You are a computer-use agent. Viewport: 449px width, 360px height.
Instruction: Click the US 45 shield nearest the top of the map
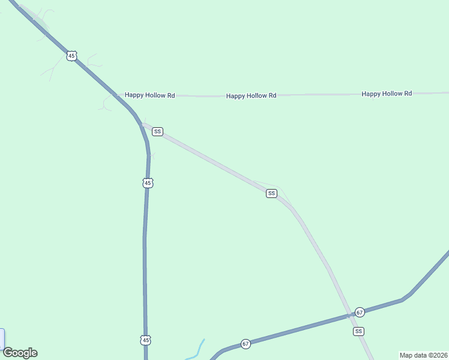pos(72,56)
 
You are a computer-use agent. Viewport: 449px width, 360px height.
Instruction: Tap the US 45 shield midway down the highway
pos(148,182)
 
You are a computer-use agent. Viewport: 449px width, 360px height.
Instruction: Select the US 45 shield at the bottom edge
pos(146,340)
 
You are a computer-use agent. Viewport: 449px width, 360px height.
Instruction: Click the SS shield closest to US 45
pos(157,131)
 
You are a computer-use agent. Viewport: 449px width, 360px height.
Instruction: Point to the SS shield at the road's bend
pos(271,193)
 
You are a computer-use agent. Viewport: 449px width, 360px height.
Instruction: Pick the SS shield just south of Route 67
pos(358,331)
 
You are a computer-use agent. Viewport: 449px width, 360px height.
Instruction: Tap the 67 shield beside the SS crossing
pos(360,312)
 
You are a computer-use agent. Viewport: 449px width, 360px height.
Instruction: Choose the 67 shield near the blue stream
pos(246,344)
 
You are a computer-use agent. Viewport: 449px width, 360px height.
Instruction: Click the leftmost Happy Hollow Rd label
pos(149,95)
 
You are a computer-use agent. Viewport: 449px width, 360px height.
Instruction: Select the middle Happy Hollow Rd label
pos(251,95)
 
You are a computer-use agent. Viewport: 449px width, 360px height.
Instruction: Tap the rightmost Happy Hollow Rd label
pos(387,94)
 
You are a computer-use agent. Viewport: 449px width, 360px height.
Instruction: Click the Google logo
pos(20,353)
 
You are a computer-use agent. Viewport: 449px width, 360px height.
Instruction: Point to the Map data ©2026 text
pos(423,355)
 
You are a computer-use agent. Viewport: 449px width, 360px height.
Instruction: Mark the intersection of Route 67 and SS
pos(348,315)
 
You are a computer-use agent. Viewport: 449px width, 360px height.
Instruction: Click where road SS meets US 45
pos(142,124)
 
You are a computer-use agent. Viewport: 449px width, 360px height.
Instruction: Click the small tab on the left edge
pos(2,339)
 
